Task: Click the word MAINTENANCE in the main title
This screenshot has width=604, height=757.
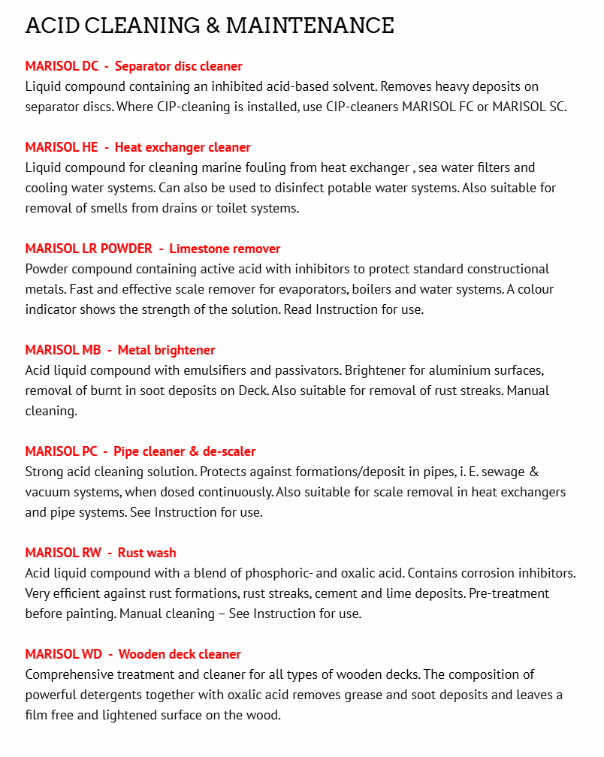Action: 310,26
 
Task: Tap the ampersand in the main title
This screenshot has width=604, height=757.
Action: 212,26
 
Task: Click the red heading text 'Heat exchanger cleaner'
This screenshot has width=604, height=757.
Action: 183,147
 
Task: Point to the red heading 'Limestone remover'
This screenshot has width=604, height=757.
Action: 225,249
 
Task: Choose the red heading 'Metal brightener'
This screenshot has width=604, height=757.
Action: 166,350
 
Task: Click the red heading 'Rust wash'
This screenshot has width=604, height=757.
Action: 146,553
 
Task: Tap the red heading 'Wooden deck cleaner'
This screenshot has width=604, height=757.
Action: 180,654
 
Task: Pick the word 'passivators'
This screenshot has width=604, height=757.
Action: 322,370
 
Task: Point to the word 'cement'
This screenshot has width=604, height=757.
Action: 339,593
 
